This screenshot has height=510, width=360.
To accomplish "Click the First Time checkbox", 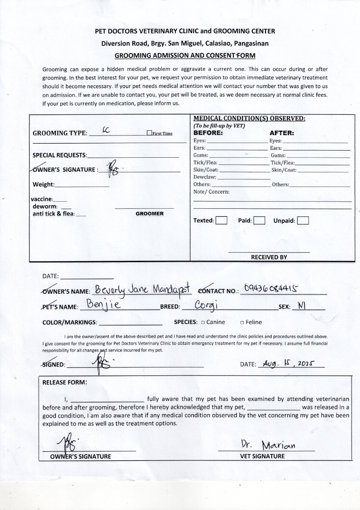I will point(149,134).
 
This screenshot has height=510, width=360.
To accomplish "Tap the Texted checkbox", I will point(221,221).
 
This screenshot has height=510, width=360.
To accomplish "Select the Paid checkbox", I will point(259,221).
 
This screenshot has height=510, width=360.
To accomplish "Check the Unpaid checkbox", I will point(303,221).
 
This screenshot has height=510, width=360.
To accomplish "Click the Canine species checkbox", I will point(203,323).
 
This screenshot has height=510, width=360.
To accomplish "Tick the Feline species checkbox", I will point(242,323).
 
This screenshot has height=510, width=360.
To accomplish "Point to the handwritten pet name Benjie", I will point(104,305).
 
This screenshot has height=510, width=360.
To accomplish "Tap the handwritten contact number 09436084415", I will point(272,289).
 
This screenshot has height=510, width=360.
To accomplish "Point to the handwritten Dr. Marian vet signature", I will point(268,445).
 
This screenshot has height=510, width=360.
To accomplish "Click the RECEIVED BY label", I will point(269,257).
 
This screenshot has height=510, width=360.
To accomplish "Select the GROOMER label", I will point(149,214).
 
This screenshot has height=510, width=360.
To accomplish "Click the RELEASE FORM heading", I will point(65,382).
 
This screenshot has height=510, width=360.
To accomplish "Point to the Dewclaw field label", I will point(205,177).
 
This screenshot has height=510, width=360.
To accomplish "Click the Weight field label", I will point(43,185).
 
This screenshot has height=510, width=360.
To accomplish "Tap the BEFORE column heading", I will point(208,133).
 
